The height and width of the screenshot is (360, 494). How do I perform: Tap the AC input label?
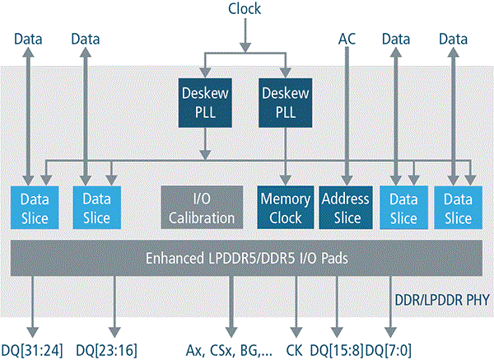pos(347,38)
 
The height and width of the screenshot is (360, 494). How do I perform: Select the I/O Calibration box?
pos(203,208)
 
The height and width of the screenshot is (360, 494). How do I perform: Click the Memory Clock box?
pos(285,208)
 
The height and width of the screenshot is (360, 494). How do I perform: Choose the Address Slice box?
pos(347,208)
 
